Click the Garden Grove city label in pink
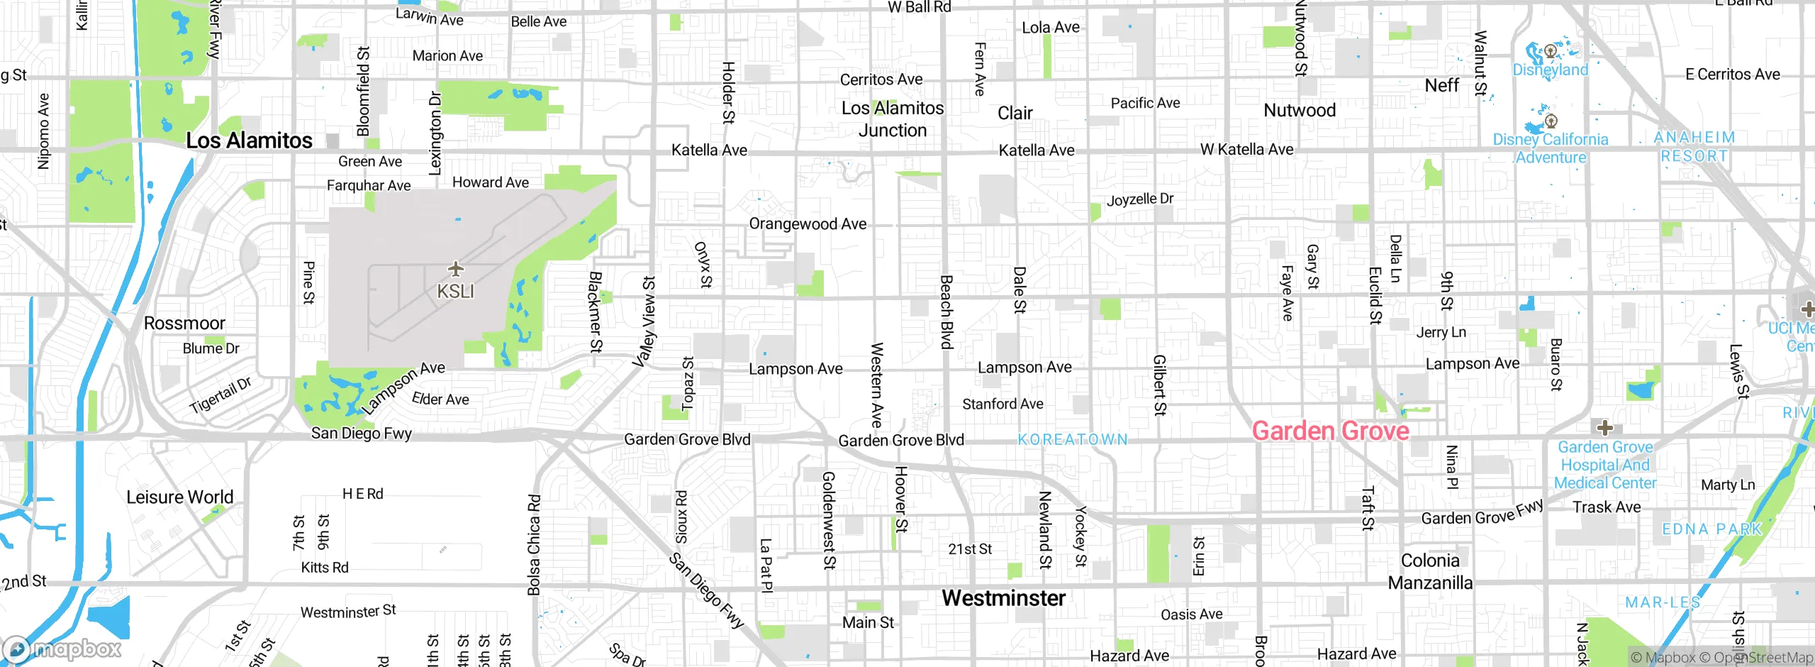point(1330,431)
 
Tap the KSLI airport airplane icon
point(455,269)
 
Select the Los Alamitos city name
point(249,140)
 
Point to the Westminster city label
point(1003,598)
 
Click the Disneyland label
point(1551,70)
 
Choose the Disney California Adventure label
point(1551,148)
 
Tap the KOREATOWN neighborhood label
point(1073,440)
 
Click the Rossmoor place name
point(184,324)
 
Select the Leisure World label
point(179,497)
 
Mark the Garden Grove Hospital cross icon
point(1605,428)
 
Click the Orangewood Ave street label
point(808,224)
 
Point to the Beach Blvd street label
point(946,312)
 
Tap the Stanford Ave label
point(1003,404)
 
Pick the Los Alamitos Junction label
point(893,119)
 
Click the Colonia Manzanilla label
point(1430,571)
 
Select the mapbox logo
point(62,649)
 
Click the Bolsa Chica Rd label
point(534,545)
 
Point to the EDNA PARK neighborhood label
point(1711,529)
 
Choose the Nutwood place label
point(1300,111)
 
